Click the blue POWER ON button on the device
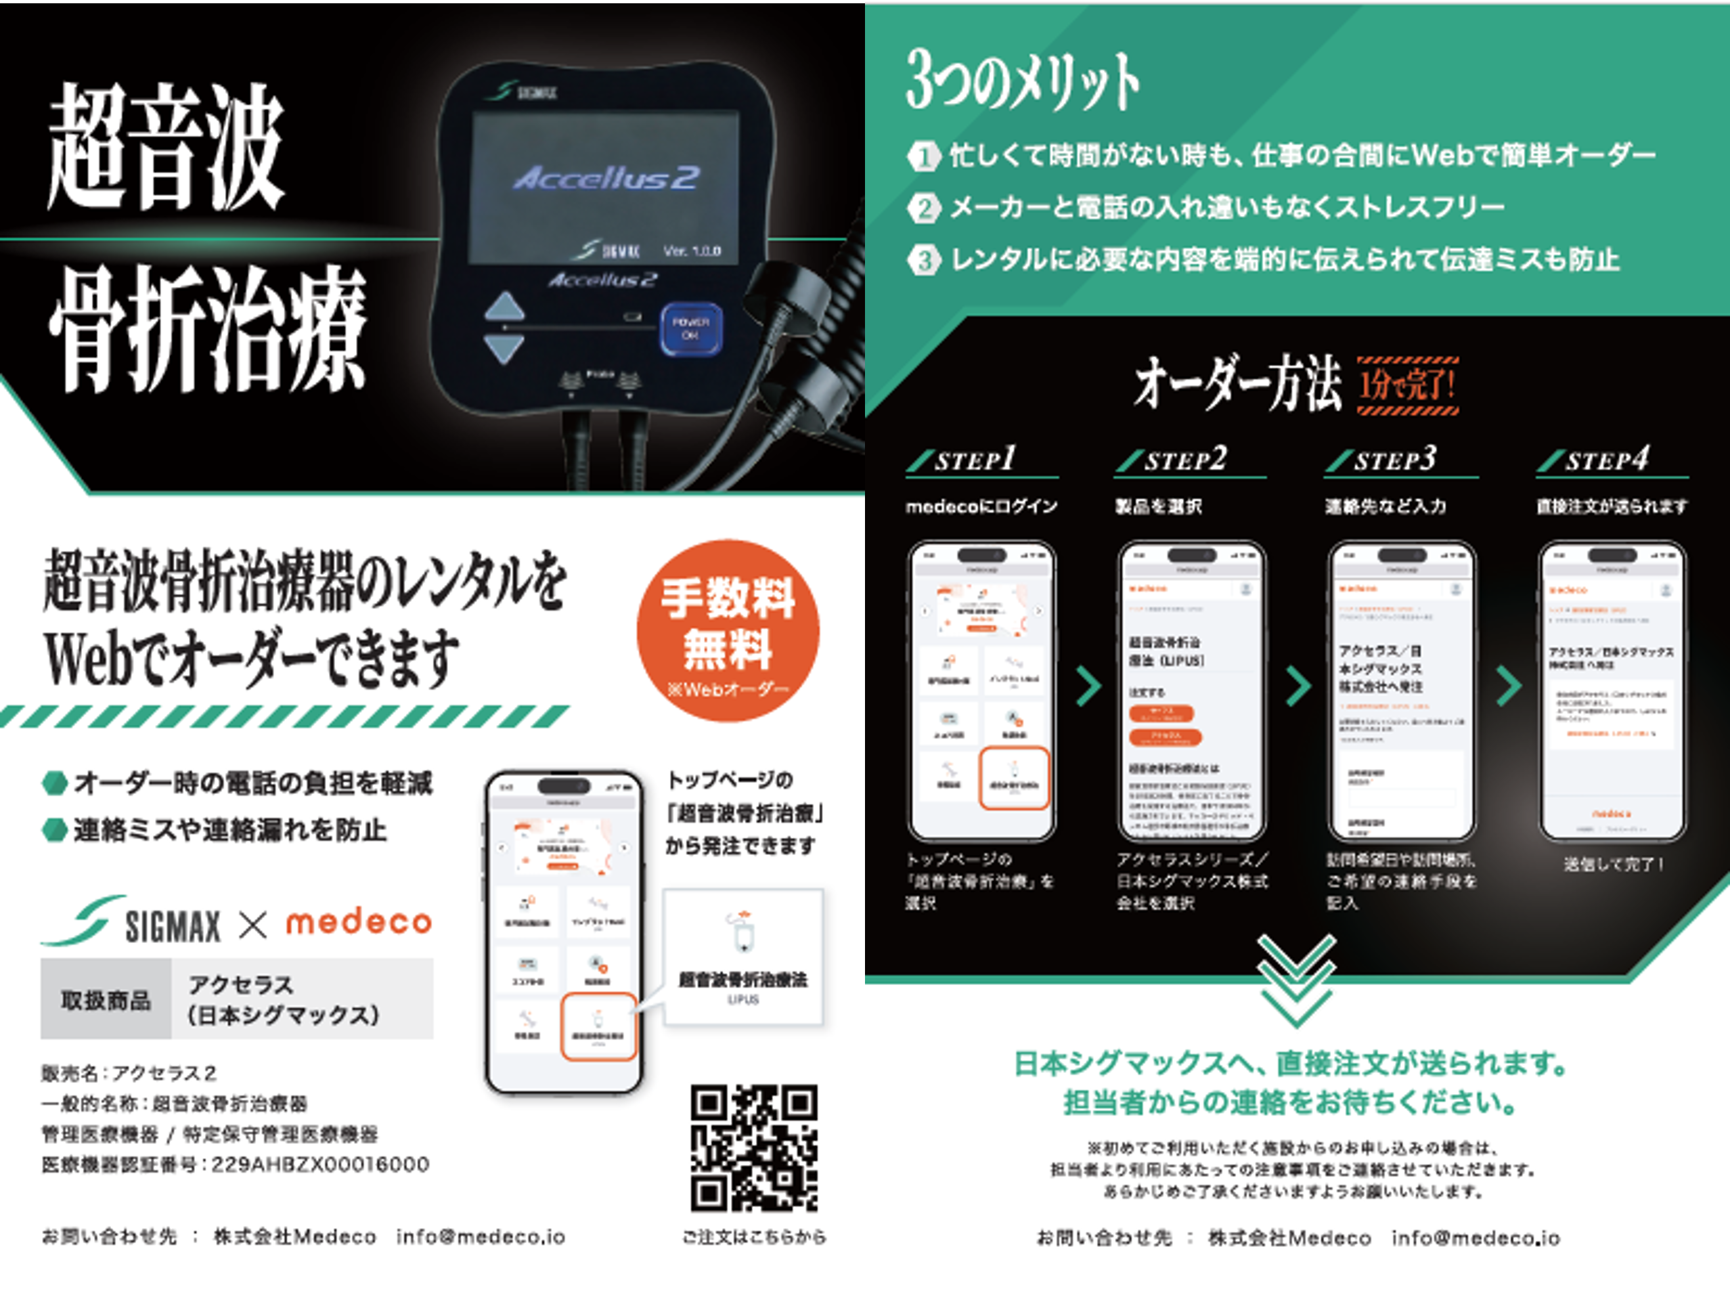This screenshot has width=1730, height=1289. point(690,328)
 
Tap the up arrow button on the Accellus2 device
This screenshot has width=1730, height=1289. point(505,306)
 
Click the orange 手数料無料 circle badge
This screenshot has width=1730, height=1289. point(727,630)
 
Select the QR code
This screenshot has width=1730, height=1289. point(754,1148)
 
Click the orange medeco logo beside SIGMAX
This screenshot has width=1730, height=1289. point(358,923)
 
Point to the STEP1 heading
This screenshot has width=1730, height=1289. point(975,460)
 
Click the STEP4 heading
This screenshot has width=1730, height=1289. point(1607,460)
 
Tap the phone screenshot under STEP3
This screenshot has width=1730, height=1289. point(1402,691)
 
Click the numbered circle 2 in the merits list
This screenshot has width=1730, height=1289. point(924,208)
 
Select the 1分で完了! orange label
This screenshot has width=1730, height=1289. point(1408,385)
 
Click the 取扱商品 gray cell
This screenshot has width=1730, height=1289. point(106,999)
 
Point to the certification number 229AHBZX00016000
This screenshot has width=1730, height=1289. point(320,1164)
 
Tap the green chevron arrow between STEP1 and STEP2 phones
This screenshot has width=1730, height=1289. point(1088,686)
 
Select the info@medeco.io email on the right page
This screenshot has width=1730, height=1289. point(1475,1238)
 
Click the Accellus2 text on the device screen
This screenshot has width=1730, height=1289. point(606,177)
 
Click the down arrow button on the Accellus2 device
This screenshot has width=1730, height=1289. point(505,348)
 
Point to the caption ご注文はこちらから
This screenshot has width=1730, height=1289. point(754,1236)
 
